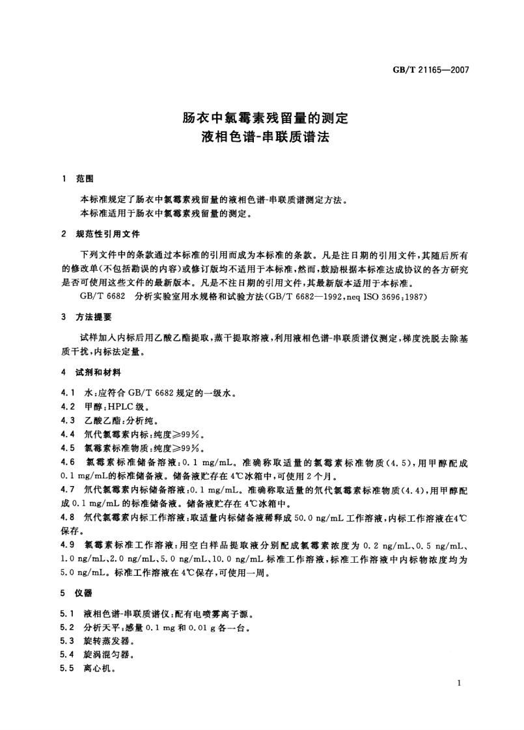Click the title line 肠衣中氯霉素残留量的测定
265,119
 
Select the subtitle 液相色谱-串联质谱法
265,138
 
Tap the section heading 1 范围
78,178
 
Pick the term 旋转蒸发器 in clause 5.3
101,641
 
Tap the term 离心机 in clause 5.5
96,668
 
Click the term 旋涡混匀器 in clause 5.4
101,655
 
